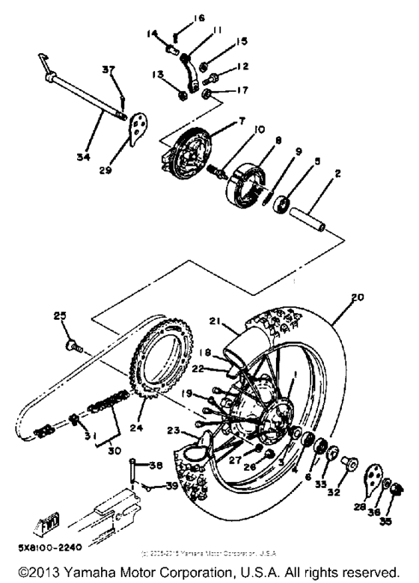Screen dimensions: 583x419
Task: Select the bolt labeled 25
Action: click(73, 345)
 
